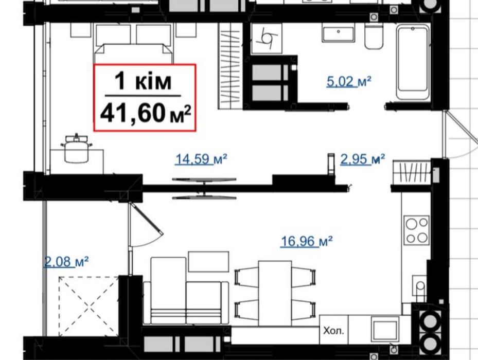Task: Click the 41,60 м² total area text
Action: point(146,113)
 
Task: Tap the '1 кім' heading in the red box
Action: point(143,81)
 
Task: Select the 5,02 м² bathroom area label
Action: point(349,81)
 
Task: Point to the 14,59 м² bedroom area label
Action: point(201,159)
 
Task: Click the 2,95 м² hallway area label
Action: point(362,159)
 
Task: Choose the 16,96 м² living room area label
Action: point(306,241)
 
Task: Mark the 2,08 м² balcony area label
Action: point(66,262)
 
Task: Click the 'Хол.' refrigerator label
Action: point(333,331)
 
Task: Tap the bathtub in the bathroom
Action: point(413,62)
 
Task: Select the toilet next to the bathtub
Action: point(374,37)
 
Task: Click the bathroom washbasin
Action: point(338,34)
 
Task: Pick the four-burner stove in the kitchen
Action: point(417,230)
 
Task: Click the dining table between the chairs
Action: point(275,293)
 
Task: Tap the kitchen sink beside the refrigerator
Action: point(385,330)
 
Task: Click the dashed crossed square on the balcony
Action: point(88,307)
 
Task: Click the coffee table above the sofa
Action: point(208,261)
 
